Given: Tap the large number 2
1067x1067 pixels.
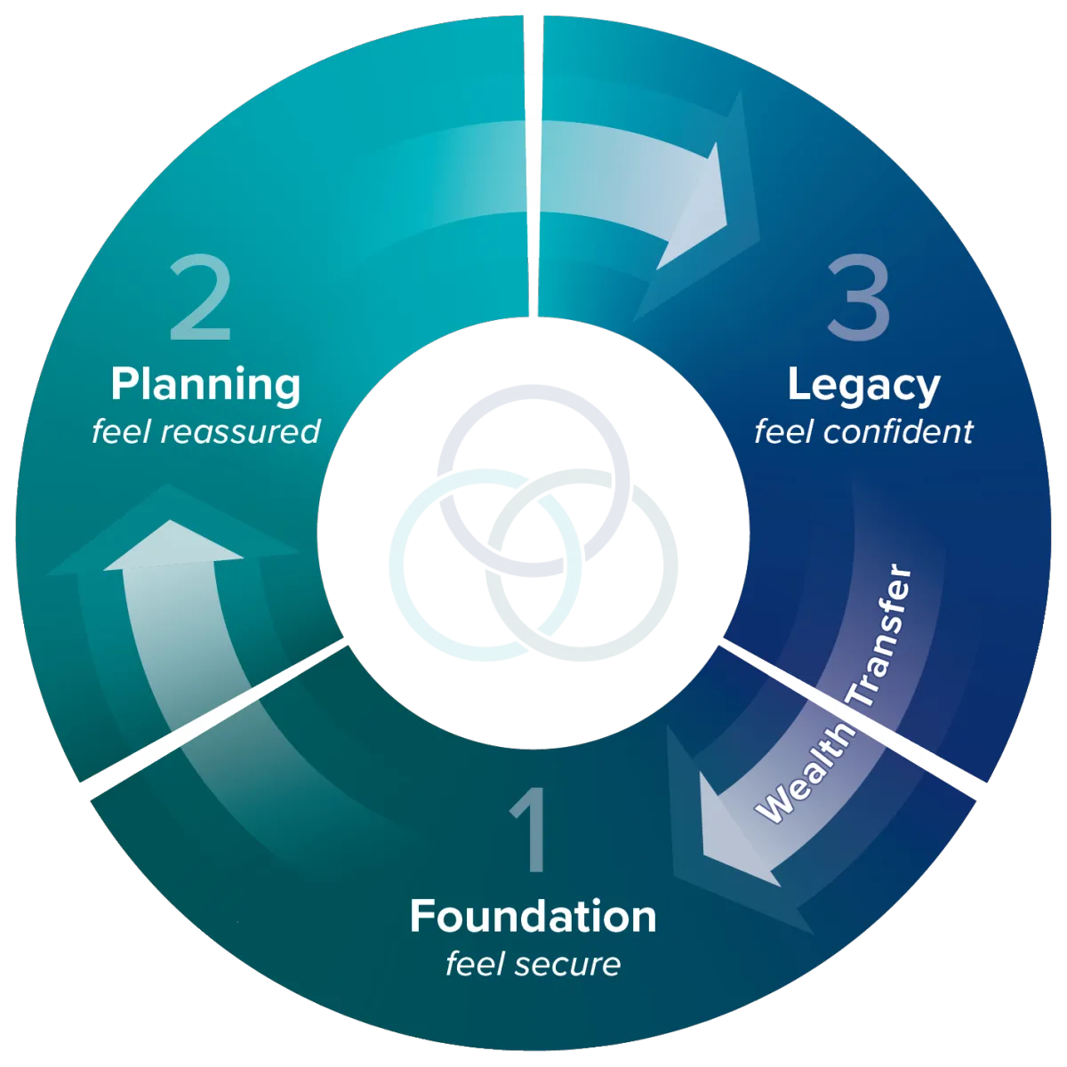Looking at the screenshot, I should (x=201, y=300).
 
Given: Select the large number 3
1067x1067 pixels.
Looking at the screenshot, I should (x=857, y=300).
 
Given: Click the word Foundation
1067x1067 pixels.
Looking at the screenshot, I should (x=533, y=917).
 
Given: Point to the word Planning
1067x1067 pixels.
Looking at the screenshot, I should (x=205, y=386).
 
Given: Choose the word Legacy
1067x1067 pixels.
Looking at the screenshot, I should (x=863, y=386).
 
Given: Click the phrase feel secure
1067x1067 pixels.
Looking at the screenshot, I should (x=533, y=964).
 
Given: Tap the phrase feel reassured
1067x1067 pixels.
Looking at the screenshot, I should (x=205, y=432).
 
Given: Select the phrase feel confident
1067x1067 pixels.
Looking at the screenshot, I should (x=863, y=432).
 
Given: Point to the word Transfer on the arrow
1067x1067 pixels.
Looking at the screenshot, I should (x=881, y=636).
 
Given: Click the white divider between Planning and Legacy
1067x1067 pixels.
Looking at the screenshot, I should (x=533, y=169).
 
